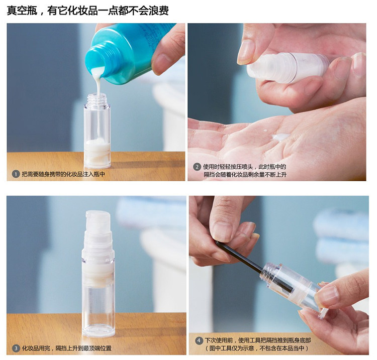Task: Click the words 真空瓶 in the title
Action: tap(22, 11)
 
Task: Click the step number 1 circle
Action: tap(16, 174)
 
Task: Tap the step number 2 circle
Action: tap(197, 167)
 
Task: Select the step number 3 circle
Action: tap(16, 348)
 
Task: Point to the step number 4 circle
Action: tap(199, 340)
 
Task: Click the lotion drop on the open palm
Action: tap(279, 137)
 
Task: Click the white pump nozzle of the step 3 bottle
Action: tap(98, 222)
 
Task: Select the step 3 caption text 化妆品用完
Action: tap(36, 348)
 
